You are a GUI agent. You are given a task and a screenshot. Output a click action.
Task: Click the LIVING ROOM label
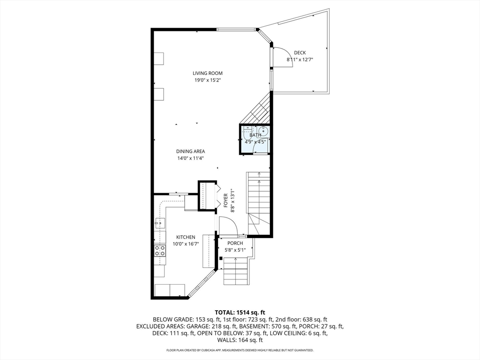pyautogui.click(x=208, y=73)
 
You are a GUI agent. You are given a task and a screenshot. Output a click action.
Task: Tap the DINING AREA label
pyautogui.click(x=190, y=151)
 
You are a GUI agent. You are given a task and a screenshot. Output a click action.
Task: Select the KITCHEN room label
pyautogui.click(x=186, y=237)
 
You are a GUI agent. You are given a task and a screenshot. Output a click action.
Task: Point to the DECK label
pyautogui.click(x=300, y=52)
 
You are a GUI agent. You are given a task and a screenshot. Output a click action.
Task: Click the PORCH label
pyautogui.click(x=235, y=243)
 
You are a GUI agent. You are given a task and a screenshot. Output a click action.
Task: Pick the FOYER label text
pyautogui.click(x=225, y=201)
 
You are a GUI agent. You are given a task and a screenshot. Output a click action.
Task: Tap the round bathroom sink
pyautogui.click(x=263, y=131)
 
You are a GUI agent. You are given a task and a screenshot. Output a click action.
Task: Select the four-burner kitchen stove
pyautogui.click(x=160, y=250)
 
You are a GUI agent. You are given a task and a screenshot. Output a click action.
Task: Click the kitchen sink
pyautogui.click(x=160, y=223)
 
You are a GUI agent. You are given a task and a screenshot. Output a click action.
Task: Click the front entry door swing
pyautogui.click(x=228, y=225)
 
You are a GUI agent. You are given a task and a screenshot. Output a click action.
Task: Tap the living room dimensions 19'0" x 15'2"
pyautogui.click(x=208, y=80)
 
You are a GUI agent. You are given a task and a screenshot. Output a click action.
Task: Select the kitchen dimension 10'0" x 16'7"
pyautogui.click(x=186, y=244)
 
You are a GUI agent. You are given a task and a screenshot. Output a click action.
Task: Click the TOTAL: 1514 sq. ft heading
pyautogui.click(x=240, y=313)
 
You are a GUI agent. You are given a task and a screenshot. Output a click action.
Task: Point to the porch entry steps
pyautogui.click(x=235, y=271)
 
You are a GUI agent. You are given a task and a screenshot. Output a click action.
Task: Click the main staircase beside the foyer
pyautogui.click(x=259, y=203)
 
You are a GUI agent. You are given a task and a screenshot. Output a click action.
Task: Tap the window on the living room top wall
pyautogui.click(x=236, y=30)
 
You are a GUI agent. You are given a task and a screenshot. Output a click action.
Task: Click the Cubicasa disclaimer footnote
pyautogui.click(x=240, y=350)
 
